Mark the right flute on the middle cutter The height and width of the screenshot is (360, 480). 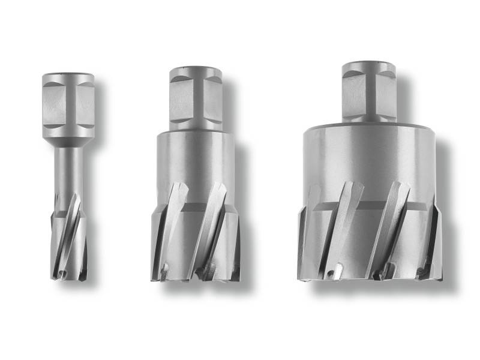[210, 231]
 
